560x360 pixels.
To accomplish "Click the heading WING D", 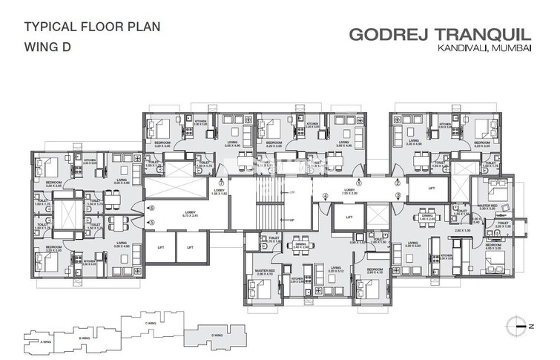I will (x=49, y=50).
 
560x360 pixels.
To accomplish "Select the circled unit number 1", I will (x=359, y=182).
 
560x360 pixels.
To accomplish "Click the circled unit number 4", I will (x=326, y=197).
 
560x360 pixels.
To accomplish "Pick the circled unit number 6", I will (x=151, y=209).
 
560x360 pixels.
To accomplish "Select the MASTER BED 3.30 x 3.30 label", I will (x=487, y=207).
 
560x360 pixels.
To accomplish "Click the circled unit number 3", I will (x=398, y=196).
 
